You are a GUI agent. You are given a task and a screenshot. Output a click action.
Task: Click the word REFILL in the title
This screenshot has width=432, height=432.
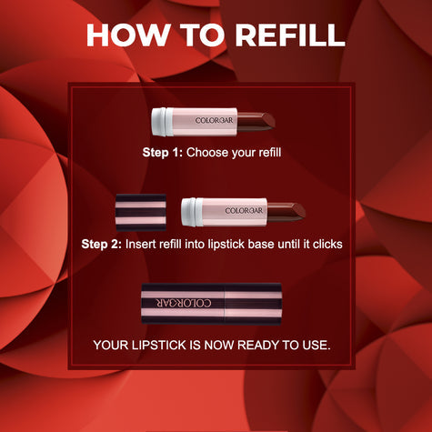coord(288,35)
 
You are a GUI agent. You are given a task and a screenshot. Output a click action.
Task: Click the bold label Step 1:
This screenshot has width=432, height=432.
coord(162,153)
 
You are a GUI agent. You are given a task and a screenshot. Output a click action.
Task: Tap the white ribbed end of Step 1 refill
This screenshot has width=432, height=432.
coord(160,119)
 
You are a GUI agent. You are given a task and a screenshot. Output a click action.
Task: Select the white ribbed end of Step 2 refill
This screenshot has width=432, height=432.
coord(191,211)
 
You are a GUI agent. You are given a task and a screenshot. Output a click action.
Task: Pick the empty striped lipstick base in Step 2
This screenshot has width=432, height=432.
coord(141,211)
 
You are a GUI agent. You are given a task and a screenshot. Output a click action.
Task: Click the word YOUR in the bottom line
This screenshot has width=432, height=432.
coord(113,345)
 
